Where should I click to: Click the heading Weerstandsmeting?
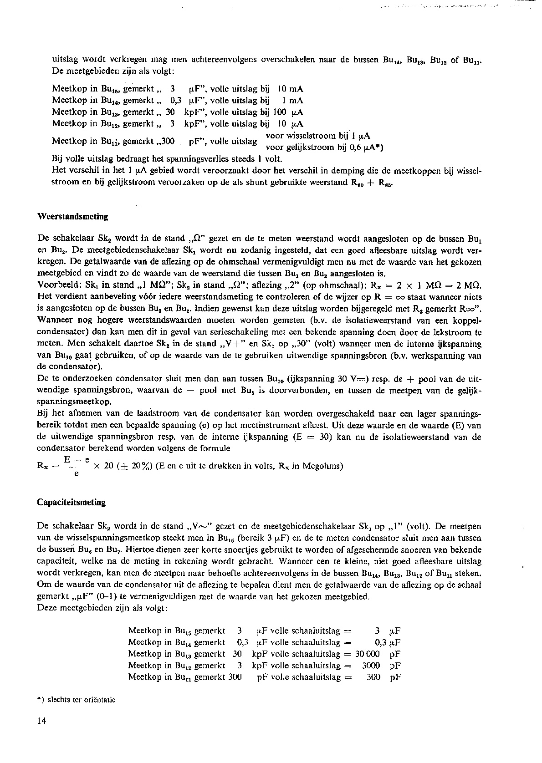click(x=72, y=217)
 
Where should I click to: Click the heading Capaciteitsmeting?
click(x=71, y=503)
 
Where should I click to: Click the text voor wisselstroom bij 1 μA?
click(x=317, y=136)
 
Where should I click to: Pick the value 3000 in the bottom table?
click(x=371, y=666)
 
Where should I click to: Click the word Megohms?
click(x=322, y=466)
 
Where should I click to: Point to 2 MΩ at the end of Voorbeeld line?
click(x=469, y=285)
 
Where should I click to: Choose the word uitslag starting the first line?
click(x=64, y=59)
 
